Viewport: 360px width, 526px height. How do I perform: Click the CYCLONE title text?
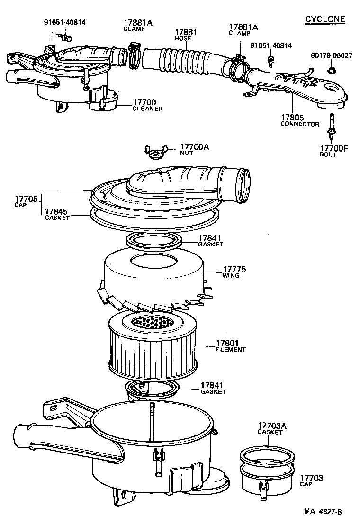coord(324,19)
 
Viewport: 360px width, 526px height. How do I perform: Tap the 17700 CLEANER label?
coord(147,105)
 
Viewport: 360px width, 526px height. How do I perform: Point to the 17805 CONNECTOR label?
coord(299,120)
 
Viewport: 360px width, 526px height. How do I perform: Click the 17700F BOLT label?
coord(334,151)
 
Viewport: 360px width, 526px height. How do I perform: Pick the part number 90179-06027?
coord(332,55)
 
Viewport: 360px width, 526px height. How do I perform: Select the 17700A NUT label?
coord(194,150)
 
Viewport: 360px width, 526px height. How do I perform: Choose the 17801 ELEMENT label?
coord(231,345)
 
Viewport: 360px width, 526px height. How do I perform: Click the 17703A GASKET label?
coord(272,428)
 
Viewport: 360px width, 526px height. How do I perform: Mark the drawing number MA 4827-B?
coord(323,512)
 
